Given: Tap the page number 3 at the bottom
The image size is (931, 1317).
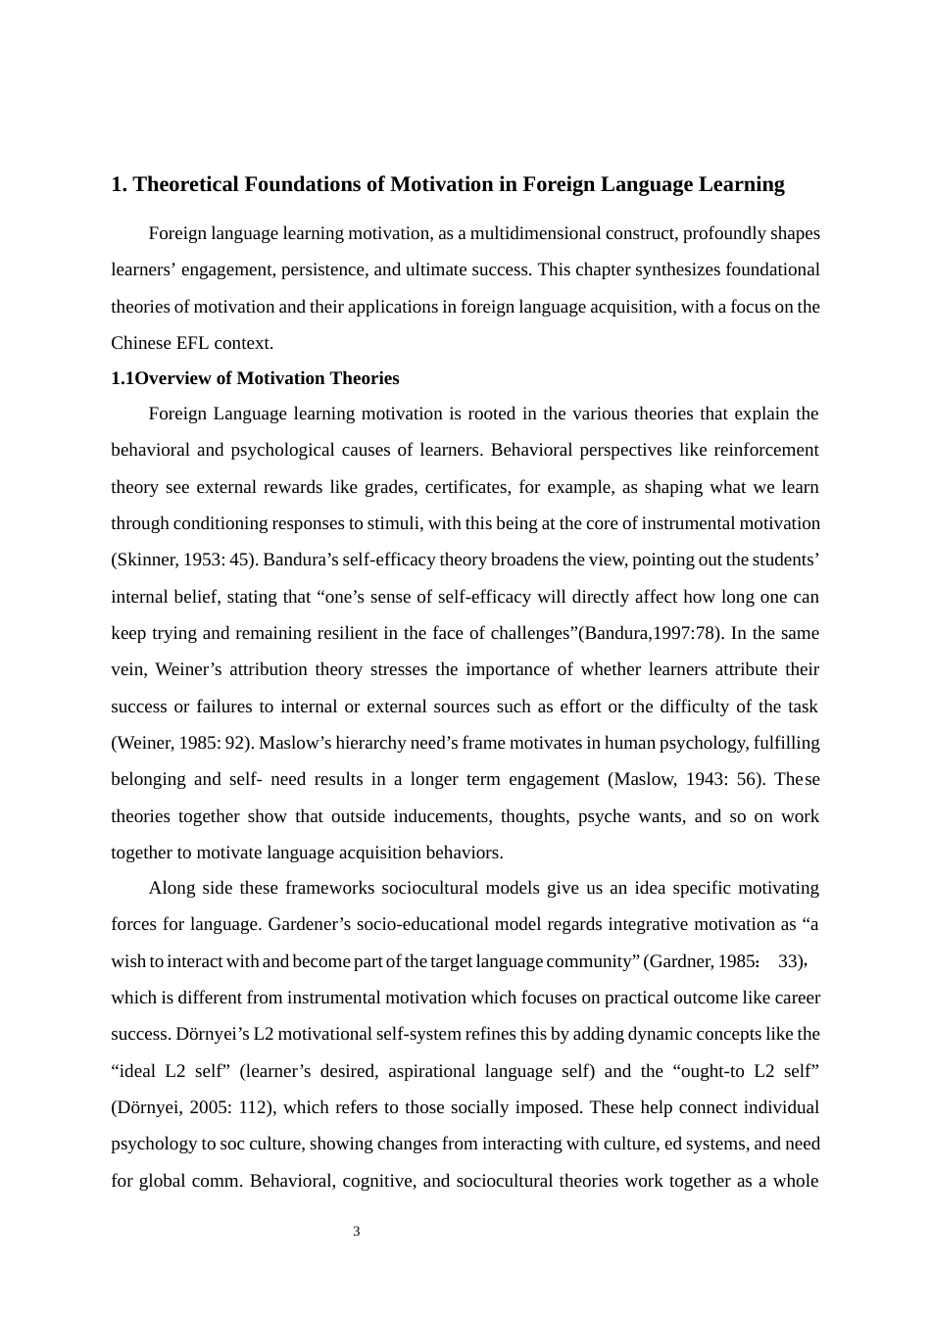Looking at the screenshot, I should [x=356, y=1232].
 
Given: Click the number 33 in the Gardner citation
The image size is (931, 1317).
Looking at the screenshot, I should [x=789, y=961].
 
